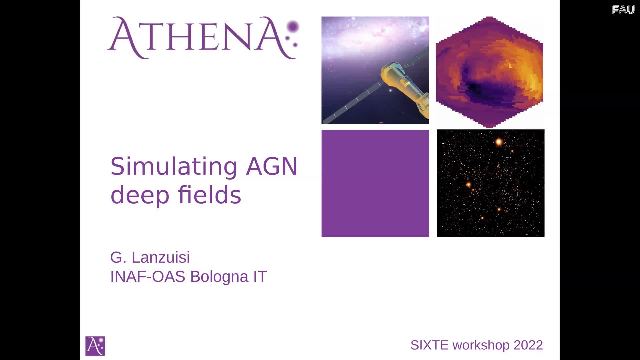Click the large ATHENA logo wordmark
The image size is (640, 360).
(x=203, y=37)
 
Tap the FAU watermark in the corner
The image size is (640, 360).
(x=623, y=10)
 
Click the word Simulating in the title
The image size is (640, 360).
(x=174, y=167)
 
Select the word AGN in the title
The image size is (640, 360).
(x=272, y=166)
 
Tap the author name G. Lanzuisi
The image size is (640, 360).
(x=150, y=257)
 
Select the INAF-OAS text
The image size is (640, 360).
(x=148, y=277)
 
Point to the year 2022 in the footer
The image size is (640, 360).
(x=528, y=345)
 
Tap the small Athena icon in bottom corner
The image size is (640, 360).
(x=95, y=346)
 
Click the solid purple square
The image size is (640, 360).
(x=375, y=183)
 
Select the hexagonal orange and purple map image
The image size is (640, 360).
(x=489, y=72)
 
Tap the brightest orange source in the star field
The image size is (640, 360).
(x=499, y=142)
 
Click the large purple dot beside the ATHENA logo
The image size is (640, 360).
(x=293, y=27)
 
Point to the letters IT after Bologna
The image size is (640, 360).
(x=260, y=277)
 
